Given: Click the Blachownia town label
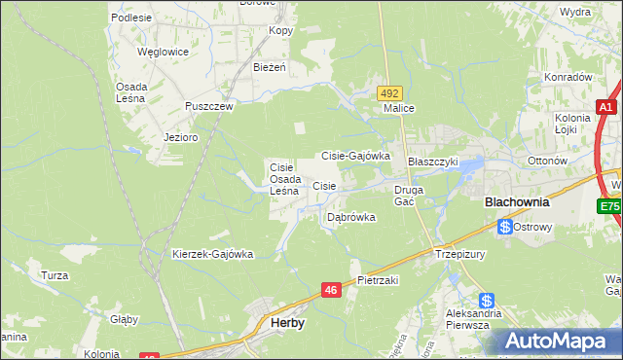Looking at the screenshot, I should click(x=517, y=203).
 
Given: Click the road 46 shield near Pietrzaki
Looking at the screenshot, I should click(x=332, y=289).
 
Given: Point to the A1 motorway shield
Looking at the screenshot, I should click(x=605, y=108).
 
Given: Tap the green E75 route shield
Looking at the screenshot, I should click(x=610, y=206).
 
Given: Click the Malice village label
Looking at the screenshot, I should click(x=400, y=108).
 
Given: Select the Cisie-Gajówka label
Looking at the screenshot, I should click(x=355, y=155).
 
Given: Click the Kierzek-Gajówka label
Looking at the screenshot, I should click(x=212, y=254).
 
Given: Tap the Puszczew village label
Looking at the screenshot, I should click(x=209, y=107).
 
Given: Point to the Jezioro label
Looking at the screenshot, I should click(x=181, y=138).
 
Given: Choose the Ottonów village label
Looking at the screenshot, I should click(x=546, y=161).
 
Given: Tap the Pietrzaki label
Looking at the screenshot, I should click(x=379, y=279).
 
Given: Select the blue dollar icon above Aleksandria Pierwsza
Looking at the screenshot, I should click(x=486, y=302).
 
